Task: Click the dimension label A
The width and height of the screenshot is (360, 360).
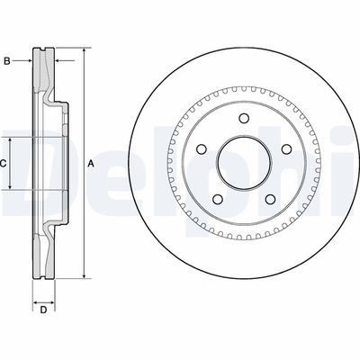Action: coord(91,164)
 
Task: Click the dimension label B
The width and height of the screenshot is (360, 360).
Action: coord(7,61)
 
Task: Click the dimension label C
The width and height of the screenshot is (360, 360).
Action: coord(3,164)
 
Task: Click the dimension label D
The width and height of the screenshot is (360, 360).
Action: coord(44,310)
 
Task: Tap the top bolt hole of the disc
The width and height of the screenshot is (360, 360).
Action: coord(244,118)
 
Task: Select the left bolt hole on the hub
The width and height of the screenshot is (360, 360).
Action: coord(202,148)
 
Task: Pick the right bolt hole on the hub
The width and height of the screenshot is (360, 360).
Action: coord(287,148)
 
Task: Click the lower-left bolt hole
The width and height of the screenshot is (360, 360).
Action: coord(218,199)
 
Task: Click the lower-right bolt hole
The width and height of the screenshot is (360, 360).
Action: coord(271,199)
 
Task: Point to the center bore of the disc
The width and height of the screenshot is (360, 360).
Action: coord(244,164)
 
